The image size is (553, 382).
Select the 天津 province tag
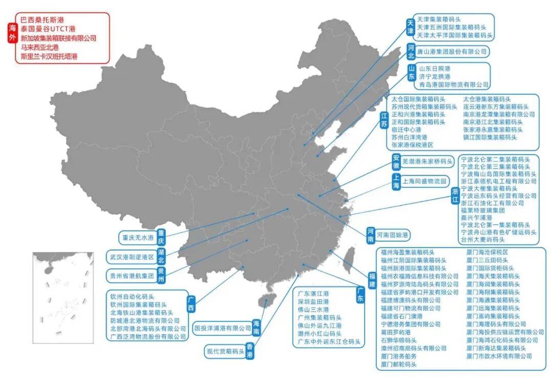(x=410, y=27)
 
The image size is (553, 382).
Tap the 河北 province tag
(x=411, y=52)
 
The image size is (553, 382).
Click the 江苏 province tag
(x=384, y=121)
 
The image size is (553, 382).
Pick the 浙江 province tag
(x=454, y=196)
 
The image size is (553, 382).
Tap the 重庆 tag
(x=161, y=237)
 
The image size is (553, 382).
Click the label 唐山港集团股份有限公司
(x=452, y=52)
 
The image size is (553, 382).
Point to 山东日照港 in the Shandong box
(x=434, y=69)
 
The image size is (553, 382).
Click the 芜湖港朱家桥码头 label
(x=428, y=162)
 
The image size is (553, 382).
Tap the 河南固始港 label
(x=392, y=236)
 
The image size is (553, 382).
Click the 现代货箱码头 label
(x=225, y=352)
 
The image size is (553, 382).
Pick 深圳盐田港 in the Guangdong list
(x=313, y=302)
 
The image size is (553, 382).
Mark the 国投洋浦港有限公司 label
(x=223, y=328)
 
